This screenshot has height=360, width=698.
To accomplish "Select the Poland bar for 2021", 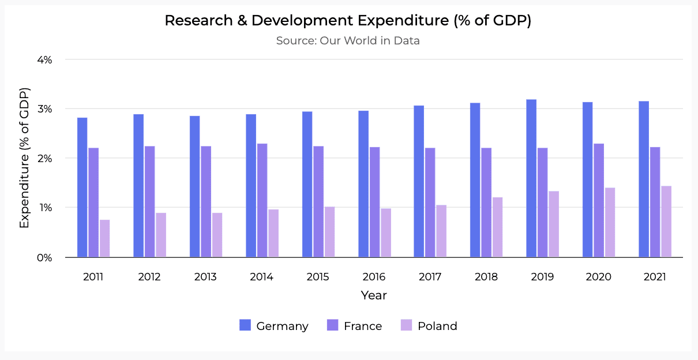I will pyautogui.click(x=666, y=222).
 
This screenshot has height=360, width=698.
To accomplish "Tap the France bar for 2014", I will pyautogui.click(x=262, y=200).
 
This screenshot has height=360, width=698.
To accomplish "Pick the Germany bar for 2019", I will pyautogui.click(x=531, y=178).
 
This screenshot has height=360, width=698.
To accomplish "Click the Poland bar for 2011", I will pyautogui.click(x=104, y=238).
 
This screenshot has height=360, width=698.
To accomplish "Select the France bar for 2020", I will pyautogui.click(x=599, y=200).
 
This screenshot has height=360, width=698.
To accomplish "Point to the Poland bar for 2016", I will pyautogui.click(x=386, y=232).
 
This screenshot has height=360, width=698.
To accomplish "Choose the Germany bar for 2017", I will pyautogui.click(x=419, y=181).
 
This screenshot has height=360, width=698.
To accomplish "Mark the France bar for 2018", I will pyautogui.click(x=486, y=202).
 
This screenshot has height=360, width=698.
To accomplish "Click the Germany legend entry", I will pyautogui.click(x=274, y=326).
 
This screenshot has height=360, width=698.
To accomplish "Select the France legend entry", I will pyautogui.click(x=354, y=326).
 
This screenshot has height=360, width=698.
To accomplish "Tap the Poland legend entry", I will pyautogui.click(x=429, y=326).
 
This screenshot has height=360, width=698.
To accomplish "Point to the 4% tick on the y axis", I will pyautogui.click(x=45, y=59).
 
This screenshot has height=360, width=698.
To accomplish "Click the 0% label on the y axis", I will pyautogui.click(x=45, y=257).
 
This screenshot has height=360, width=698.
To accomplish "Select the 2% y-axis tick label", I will pyautogui.click(x=45, y=158).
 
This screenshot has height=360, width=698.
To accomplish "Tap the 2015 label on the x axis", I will pyautogui.click(x=318, y=277).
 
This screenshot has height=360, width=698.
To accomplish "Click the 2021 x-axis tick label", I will pyautogui.click(x=655, y=277).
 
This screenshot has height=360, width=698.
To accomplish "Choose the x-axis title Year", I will pyautogui.click(x=374, y=295).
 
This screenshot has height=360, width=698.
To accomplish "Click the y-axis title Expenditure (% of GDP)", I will pyautogui.click(x=24, y=158).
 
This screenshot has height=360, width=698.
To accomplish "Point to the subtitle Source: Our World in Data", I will pyautogui.click(x=348, y=41).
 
